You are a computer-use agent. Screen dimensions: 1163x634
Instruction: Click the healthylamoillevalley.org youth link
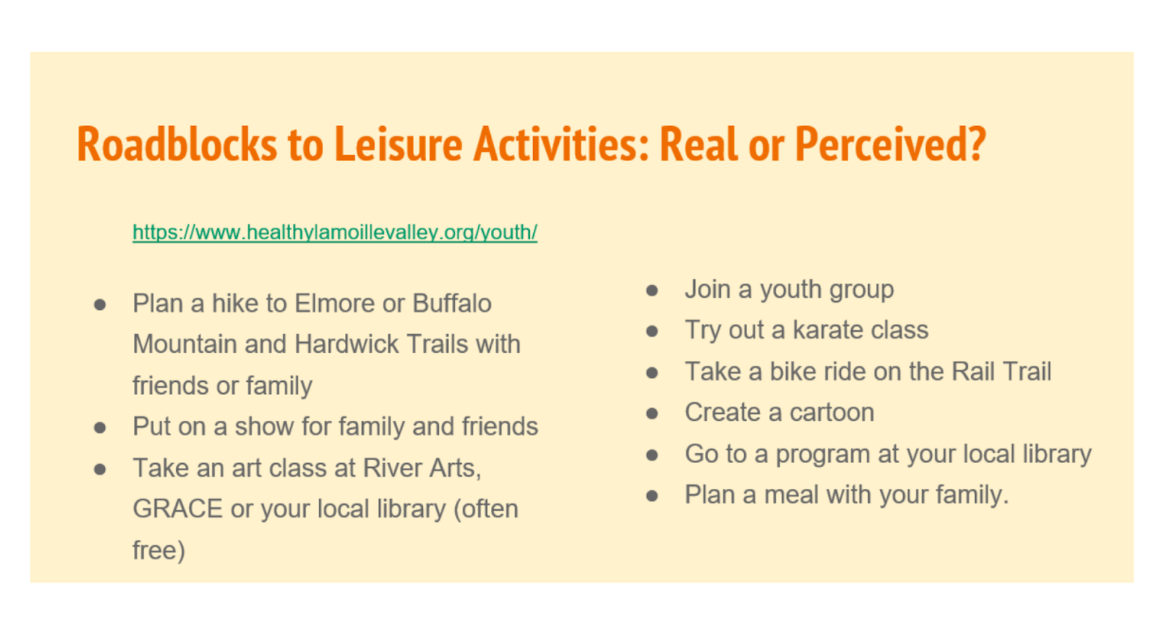[x=335, y=232]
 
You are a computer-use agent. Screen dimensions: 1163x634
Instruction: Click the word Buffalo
[x=452, y=303]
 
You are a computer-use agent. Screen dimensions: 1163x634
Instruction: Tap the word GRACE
[x=177, y=509]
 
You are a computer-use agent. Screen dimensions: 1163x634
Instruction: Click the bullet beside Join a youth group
[x=652, y=290]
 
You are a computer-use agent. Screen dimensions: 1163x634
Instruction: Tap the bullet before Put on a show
[x=100, y=428]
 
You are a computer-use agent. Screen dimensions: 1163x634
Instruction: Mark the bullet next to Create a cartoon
[x=652, y=413]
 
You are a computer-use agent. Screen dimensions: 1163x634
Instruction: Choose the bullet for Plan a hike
[x=100, y=305]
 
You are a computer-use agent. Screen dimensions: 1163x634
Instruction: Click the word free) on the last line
[x=159, y=550]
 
